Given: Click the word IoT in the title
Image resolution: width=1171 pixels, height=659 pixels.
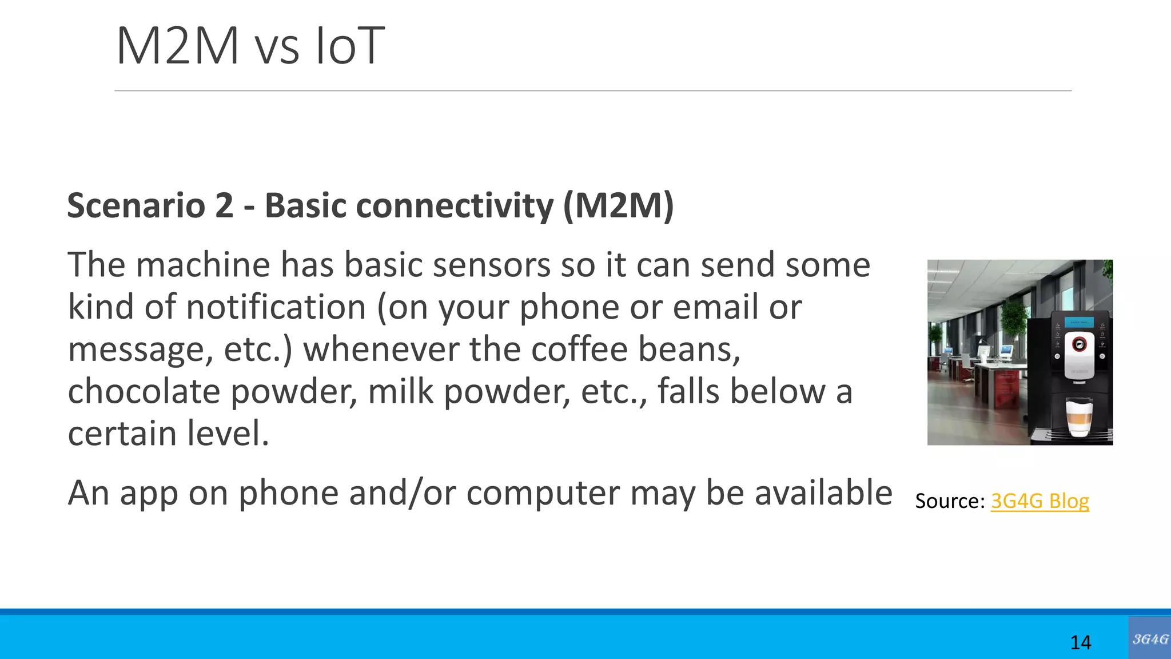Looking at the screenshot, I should coord(350,46).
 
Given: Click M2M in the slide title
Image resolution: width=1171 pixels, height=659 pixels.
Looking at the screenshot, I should coord(177,46).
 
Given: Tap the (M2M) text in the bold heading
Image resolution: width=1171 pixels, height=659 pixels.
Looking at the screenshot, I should coord(618,205).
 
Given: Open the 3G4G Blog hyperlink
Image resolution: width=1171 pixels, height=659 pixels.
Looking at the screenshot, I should coord(1039,501).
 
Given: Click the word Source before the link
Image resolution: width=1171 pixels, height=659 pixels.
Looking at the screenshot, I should coord(949,501).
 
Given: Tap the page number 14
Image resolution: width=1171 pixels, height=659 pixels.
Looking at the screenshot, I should coord(1080,642).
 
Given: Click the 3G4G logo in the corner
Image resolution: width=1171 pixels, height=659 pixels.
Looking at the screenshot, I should coord(1149,638).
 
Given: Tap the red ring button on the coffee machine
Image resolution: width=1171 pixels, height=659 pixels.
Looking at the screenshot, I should coord(1079,344).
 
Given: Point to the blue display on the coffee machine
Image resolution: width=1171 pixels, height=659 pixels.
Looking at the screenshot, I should coord(1079,323).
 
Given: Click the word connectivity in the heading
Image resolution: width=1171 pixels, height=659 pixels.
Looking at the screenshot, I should coord(409,205).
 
